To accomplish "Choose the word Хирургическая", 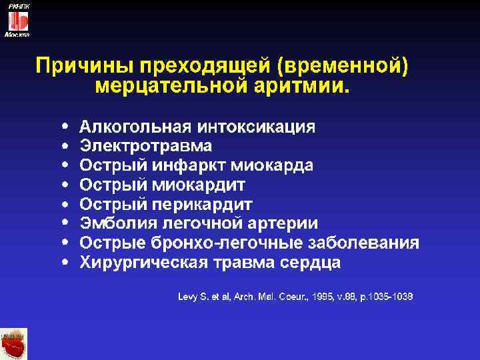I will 138,262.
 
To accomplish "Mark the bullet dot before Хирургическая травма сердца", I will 64,262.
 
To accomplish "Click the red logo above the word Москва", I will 17,20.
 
